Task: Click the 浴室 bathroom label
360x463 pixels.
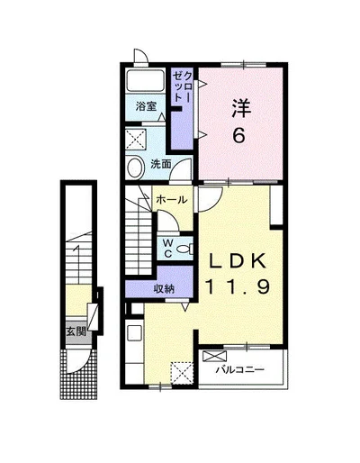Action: click(146, 106)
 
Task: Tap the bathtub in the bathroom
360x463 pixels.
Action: click(145, 80)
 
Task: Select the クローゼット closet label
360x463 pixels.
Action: click(182, 86)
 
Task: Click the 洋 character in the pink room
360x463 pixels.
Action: click(241, 109)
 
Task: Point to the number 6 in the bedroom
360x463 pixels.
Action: click(239, 136)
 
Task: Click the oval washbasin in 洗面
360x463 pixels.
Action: click(134, 168)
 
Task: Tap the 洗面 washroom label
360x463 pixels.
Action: click(161, 164)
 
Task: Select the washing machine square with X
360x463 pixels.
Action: click(136, 139)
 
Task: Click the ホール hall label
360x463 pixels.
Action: click(172, 199)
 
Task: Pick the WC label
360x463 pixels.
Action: click(168, 249)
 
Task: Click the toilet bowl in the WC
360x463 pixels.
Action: click(184, 249)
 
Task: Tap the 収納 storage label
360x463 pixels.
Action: click(164, 288)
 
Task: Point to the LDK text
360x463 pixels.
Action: click(238, 260)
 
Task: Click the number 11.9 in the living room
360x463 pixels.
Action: click(238, 286)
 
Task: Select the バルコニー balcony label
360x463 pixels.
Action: click(240, 369)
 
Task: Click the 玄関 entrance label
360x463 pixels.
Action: click(76, 331)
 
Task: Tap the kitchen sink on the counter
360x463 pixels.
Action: click(135, 333)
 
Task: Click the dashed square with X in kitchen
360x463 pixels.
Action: click(182, 373)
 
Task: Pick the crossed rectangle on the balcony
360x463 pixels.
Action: click(215, 356)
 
